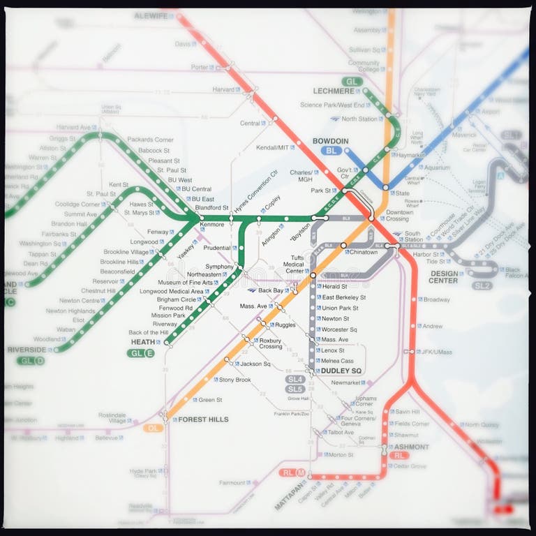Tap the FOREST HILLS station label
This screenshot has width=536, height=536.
pos(203,419)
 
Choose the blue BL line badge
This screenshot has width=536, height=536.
pos(330,151)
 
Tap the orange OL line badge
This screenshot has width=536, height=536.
pos(153,428)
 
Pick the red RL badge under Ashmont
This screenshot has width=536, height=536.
pos(399,455)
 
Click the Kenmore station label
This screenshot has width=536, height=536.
pos(212,225)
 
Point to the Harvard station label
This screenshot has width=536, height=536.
pos(223,89)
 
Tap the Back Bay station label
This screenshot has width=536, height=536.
pos(270,290)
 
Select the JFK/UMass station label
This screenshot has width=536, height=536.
pos(437,352)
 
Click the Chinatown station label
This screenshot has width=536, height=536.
pos(363,252)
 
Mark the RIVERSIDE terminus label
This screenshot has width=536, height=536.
pos(27,350)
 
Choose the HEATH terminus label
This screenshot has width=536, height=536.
pos(142,342)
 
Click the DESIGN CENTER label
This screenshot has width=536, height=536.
pos(444,277)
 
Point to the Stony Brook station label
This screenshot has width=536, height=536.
pos(234,380)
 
